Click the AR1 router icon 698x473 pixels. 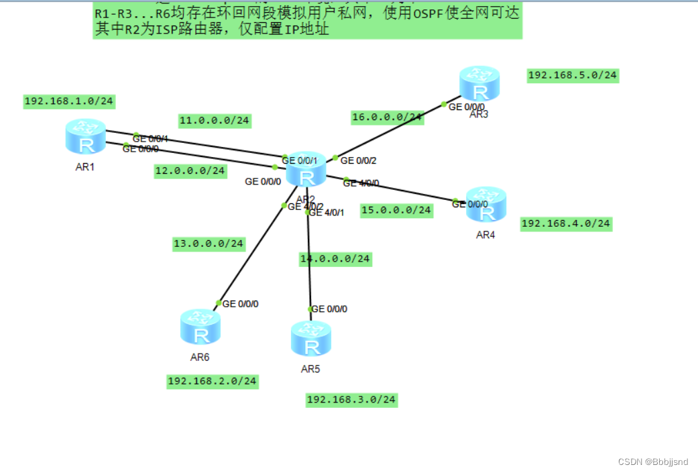click(x=86, y=136)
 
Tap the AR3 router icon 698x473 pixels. click(x=479, y=84)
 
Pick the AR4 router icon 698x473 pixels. click(x=486, y=205)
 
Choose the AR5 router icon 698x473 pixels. click(x=311, y=339)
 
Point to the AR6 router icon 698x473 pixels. click(x=200, y=327)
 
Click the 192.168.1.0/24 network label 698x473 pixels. click(x=69, y=101)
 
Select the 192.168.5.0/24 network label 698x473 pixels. click(x=573, y=75)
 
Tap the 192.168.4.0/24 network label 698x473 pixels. click(x=566, y=223)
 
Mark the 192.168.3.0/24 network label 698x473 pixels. click(x=351, y=400)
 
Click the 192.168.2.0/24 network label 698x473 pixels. click(x=213, y=381)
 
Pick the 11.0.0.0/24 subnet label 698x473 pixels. click(x=215, y=121)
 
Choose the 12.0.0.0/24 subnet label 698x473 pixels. click(x=190, y=170)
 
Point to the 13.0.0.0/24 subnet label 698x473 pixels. click(x=209, y=244)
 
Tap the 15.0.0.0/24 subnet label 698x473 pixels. click(x=396, y=210)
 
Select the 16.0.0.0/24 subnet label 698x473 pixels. click(x=387, y=117)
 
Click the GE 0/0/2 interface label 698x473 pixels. click(x=359, y=160)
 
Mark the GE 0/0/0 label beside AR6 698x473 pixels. click(x=240, y=304)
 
